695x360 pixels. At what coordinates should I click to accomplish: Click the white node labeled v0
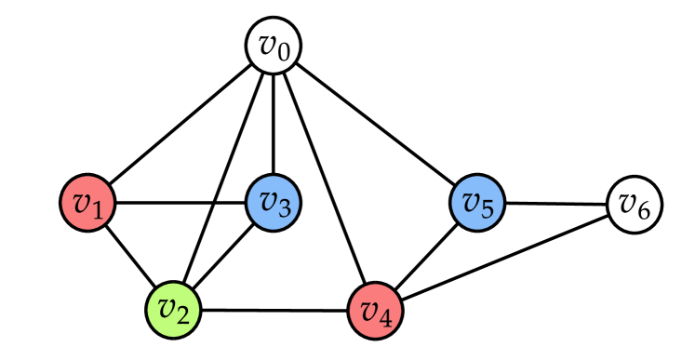[274, 47]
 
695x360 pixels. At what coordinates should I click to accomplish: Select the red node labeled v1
[87, 203]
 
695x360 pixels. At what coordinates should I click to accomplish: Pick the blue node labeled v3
[273, 203]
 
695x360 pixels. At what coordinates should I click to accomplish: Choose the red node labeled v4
[376, 310]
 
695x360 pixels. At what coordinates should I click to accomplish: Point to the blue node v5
[477, 203]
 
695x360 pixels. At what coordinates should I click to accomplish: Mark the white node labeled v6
[635, 205]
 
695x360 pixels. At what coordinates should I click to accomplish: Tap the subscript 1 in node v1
[99, 208]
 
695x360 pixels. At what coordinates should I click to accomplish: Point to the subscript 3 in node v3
[284, 209]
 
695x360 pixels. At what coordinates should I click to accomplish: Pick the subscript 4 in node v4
[387, 316]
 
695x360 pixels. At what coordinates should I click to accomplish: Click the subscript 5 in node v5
[488, 209]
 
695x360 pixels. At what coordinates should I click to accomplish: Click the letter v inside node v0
[266, 45]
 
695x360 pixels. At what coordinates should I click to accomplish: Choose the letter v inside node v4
[368, 308]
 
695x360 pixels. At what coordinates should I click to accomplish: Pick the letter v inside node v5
[470, 201]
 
